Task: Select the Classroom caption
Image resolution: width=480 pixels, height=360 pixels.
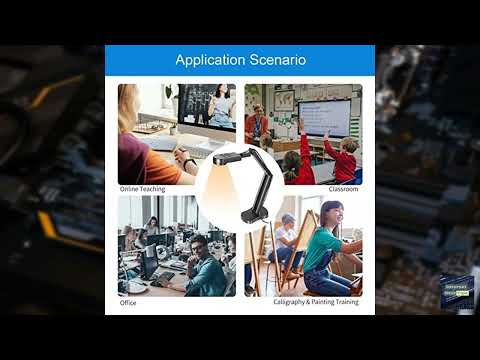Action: (343, 189)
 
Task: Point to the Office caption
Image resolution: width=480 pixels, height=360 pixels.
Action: (128, 302)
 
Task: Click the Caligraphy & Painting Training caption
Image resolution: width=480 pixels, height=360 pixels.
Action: (316, 302)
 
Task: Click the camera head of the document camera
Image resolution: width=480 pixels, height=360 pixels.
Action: (222, 157)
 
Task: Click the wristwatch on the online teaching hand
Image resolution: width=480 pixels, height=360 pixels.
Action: (188, 163)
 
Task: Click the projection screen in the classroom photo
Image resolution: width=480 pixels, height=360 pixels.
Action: (326, 117)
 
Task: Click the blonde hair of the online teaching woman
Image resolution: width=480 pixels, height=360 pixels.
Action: (128, 110)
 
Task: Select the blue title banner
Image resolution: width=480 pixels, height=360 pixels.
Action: (240, 61)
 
